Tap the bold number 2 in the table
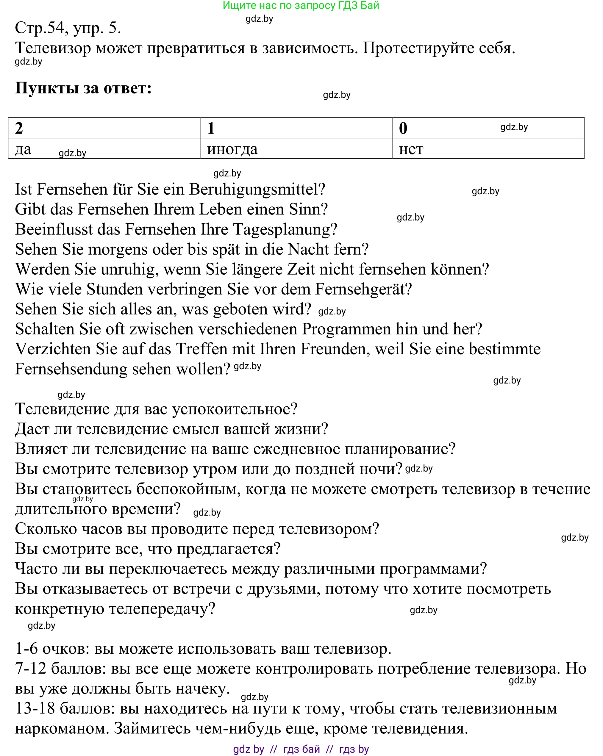[19, 128]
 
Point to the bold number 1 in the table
[211, 128]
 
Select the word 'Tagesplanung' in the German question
[285, 230]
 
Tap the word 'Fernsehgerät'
[363, 290]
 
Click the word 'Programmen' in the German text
[346, 329]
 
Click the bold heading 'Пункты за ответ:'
[83, 88]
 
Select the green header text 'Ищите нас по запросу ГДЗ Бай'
[301, 5]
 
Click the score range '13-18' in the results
[35, 708]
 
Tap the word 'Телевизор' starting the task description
[53, 48]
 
